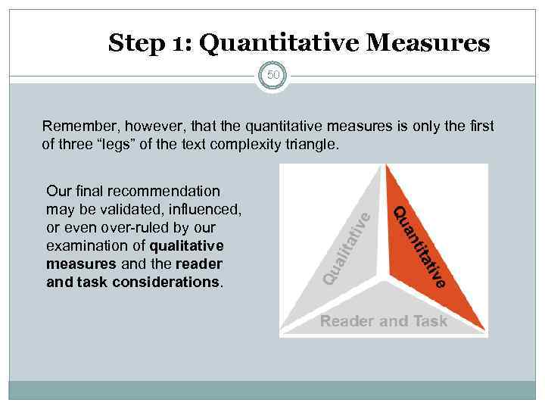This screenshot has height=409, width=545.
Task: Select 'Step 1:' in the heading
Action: pyautogui.click(x=149, y=43)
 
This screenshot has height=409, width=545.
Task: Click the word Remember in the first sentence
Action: pyautogui.click(x=73, y=125)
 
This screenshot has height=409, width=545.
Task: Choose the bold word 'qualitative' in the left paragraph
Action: pyautogui.click(x=187, y=245)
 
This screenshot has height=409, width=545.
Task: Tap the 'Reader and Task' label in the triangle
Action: pyautogui.click(x=384, y=321)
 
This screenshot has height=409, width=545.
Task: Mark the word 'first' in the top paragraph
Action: pyautogui.click(x=481, y=125)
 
